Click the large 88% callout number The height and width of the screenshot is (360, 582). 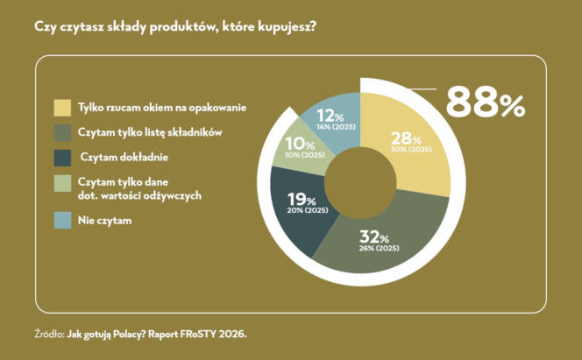(x=485, y=103)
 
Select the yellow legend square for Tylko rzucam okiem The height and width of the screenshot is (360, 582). (x=62, y=108)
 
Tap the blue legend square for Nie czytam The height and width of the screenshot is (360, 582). (x=62, y=222)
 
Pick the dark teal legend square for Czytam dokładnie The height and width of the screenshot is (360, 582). (x=62, y=159)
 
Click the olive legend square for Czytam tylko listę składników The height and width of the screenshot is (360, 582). (x=62, y=133)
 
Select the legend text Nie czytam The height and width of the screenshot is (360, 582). (x=105, y=222)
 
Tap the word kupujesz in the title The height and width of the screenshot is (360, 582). (x=284, y=26)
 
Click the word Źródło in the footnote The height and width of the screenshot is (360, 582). (x=48, y=333)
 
